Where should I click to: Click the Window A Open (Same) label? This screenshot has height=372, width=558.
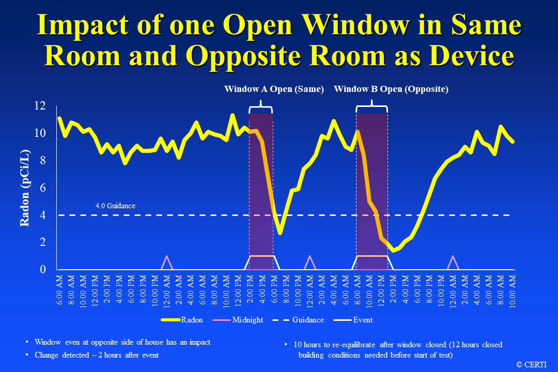coord(274,89)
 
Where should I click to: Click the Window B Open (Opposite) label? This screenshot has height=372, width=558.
coord(391,89)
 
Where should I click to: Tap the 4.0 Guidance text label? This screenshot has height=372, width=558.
coord(115,206)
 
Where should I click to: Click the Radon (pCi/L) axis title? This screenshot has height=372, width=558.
coord(25,188)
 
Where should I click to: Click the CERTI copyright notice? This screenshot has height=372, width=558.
coord(533,364)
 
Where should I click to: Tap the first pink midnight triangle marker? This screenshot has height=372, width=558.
coord(166,261)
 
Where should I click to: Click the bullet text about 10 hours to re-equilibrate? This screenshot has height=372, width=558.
coord(397,349)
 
